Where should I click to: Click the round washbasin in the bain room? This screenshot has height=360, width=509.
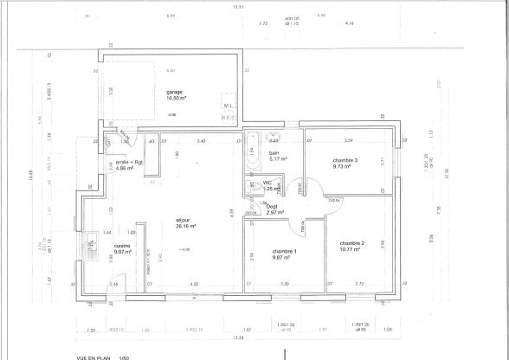pyautogui.click(x=272, y=137)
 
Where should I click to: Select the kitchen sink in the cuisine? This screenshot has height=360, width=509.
pyautogui.click(x=92, y=245)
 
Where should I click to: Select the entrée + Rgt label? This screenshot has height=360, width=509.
pyautogui.click(x=129, y=163)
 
